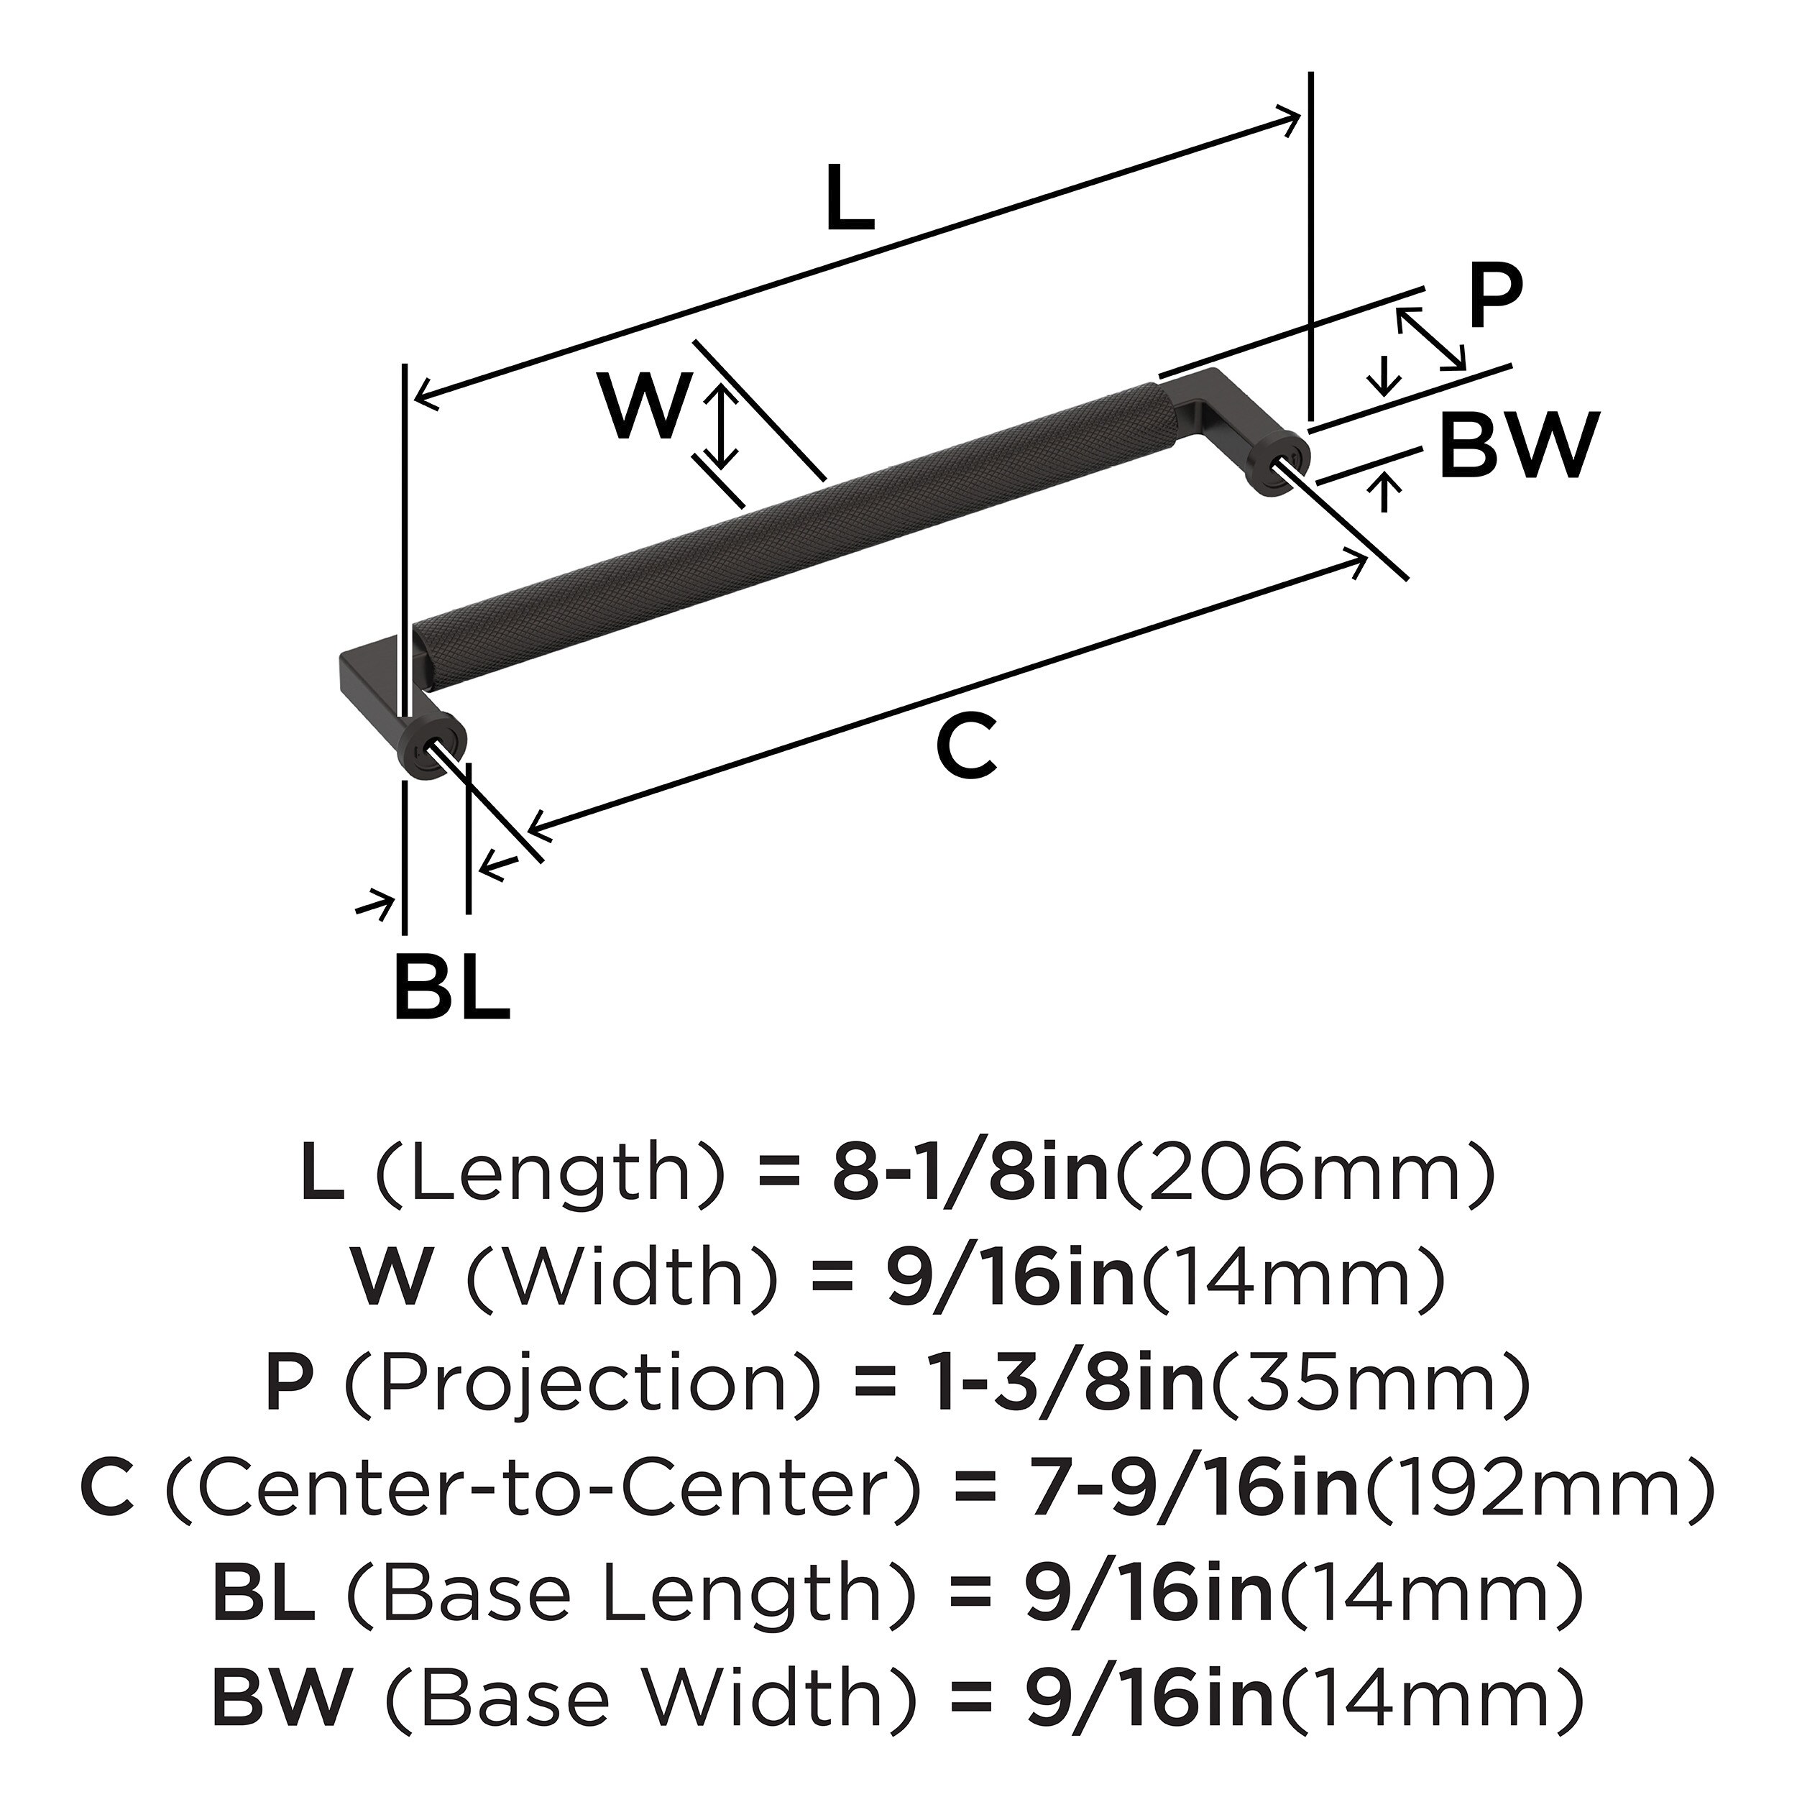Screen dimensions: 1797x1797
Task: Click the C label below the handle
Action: (968, 750)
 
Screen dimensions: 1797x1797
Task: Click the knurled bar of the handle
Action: (791, 530)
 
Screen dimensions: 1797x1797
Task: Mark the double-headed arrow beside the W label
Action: (720, 428)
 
